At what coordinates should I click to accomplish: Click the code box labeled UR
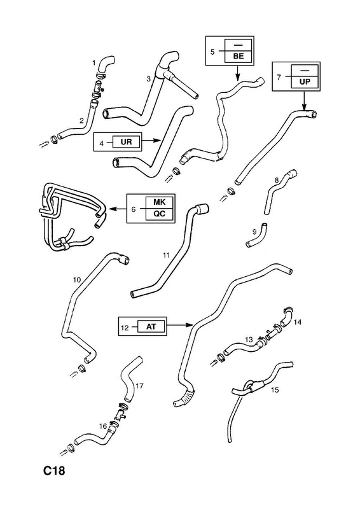point(127,142)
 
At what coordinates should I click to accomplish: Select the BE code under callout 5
point(239,56)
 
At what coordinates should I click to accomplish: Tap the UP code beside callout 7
point(305,81)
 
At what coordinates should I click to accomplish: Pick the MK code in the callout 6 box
point(160,202)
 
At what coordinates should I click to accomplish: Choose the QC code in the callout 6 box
point(160,214)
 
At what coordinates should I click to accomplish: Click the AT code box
point(151,326)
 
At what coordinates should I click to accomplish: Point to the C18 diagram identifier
point(55,471)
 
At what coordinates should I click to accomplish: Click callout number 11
point(166,256)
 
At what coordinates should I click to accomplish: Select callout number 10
point(76,280)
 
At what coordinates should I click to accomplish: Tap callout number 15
point(275,390)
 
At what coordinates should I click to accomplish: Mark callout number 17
point(139,386)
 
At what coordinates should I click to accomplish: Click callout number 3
point(148,78)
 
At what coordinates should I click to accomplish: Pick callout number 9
point(254,232)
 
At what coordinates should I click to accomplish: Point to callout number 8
point(277,179)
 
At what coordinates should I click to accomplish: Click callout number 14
point(297,322)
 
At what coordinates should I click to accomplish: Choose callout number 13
point(249,340)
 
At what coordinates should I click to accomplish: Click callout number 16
point(103,426)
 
